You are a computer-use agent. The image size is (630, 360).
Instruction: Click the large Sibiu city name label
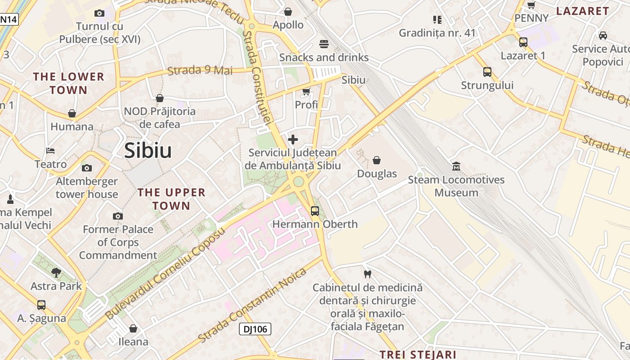pos(148,151)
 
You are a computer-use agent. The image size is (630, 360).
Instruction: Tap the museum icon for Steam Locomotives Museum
pos(456,166)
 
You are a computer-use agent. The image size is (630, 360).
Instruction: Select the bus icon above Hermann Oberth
pos(315,211)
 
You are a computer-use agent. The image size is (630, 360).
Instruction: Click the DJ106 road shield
pos(255,329)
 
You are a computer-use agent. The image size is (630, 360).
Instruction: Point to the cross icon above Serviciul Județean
pos(292,139)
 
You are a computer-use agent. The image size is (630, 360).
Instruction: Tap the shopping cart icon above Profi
pos(306,92)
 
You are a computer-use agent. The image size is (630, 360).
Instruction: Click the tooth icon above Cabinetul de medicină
pos(367,274)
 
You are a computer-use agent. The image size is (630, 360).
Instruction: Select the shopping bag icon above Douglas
pos(377,160)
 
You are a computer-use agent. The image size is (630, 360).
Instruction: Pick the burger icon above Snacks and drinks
pos(324,44)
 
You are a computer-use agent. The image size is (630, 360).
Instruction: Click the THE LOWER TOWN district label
pos(68,83)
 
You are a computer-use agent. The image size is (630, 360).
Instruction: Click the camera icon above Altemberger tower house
pos(86,168)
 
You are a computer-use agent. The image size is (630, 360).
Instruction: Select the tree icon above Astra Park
pos(56,272)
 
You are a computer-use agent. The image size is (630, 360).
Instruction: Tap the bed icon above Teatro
pos(50,150)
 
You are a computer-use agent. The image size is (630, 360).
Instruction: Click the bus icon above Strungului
pos(487,72)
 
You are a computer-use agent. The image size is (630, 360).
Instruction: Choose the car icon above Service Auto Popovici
pos(603,35)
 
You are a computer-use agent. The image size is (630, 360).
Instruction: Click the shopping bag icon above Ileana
pos(133,328)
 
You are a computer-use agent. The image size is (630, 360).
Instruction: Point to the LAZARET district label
pos(583,11)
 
